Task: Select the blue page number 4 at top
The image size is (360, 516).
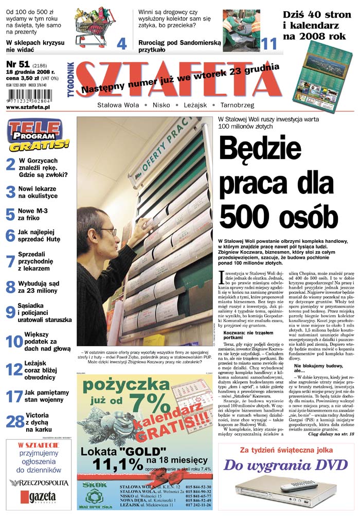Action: coord(121,44)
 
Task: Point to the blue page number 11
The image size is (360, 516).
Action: coord(268,44)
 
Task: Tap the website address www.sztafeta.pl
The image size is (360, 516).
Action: coord(28,107)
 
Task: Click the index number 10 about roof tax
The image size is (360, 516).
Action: coord(14,342)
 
